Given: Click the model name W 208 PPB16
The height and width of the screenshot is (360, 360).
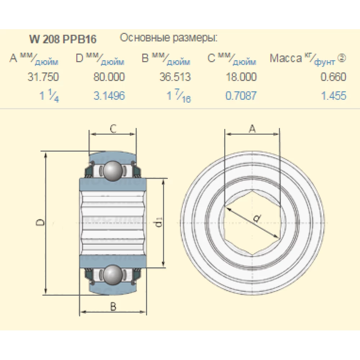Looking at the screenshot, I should [x=63, y=39].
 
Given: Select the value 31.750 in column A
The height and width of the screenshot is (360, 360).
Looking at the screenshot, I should [x=43, y=77].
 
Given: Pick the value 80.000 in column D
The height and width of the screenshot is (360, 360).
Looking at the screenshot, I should [x=109, y=77].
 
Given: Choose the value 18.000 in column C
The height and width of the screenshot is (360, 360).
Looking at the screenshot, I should [x=241, y=77].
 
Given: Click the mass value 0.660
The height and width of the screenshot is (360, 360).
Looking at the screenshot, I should [x=333, y=77].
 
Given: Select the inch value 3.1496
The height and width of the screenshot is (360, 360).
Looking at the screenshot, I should [x=109, y=96].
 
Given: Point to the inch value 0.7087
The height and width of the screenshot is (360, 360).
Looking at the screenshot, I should [x=241, y=96].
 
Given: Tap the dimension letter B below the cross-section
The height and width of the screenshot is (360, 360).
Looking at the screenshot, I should [x=113, y=306].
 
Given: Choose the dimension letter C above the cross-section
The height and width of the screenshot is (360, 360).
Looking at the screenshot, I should [x=113, y=129].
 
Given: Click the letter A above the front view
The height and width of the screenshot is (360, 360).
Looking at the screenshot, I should [x=252, y=129].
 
